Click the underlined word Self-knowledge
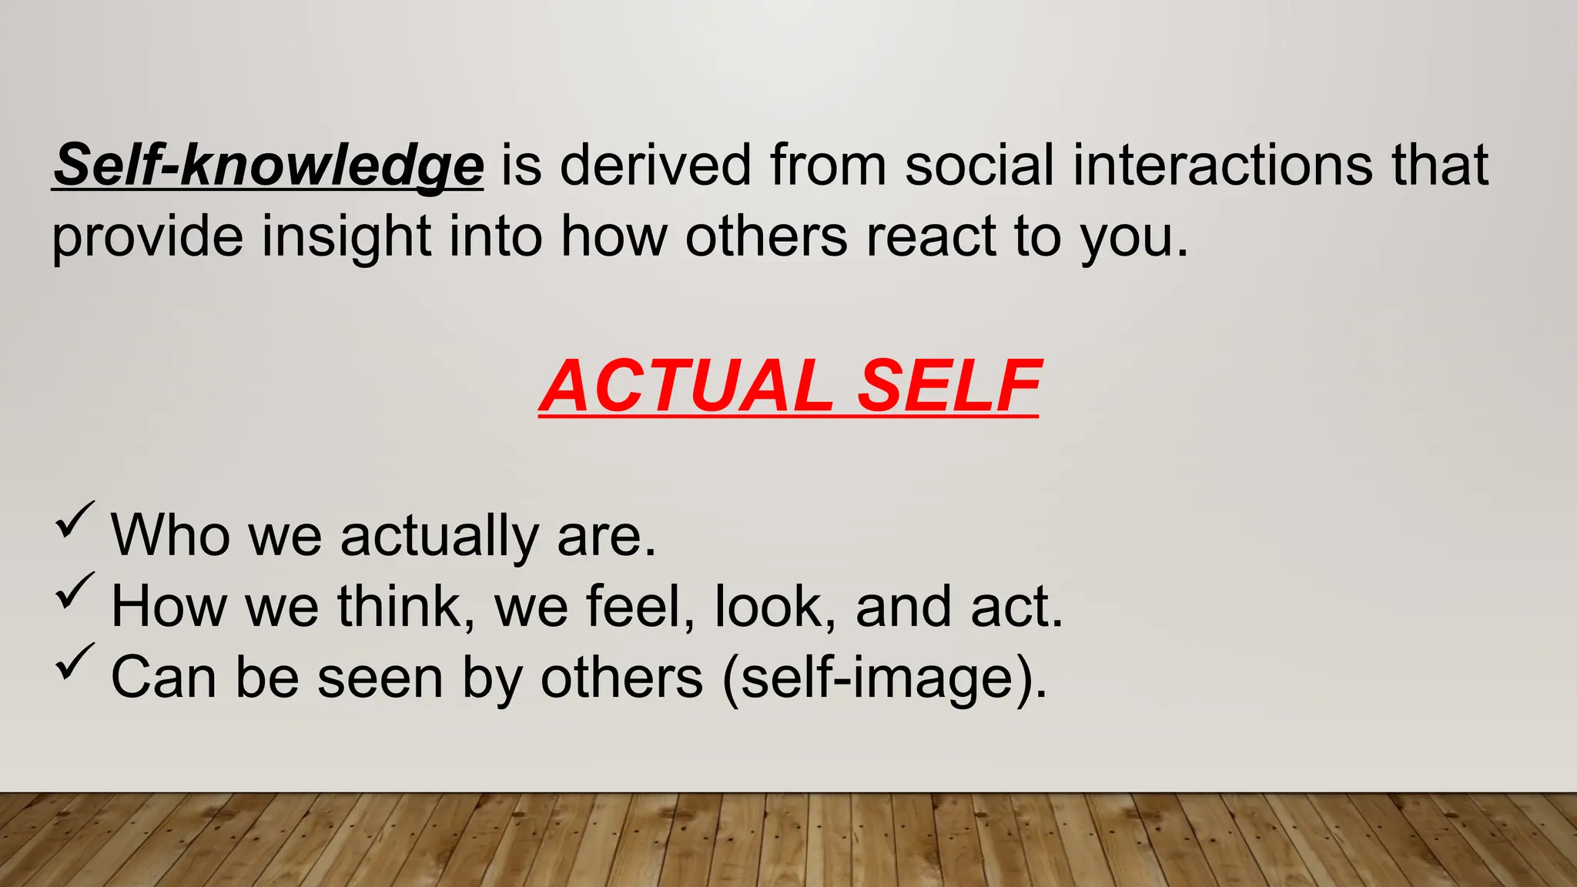pyautogui.click(x=268, y=165)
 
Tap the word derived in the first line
pyautogui.click(x=655, y=165)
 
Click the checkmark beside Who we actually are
pyautogui.click(x=75, y=520)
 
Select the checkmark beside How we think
pyautogui.click(x=75, y=591)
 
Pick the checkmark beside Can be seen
pyautogui.click(x=75, y=661)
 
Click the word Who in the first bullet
pyautogui.click(x=170, y=534)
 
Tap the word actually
pyautogui.click(x=440, y=536)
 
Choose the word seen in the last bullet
pyautogui.click(x=380, y=678)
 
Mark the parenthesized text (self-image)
pyautogui.click(x=885, y=678)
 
